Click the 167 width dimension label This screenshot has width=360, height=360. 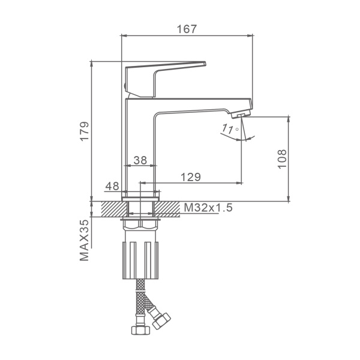pyautogui.click(x=187, y=29)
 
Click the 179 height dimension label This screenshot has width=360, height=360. pyautogui.click(x=84, y=131)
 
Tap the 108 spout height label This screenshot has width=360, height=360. pyautogui.click(x=282, y=159)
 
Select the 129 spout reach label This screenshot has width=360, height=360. pyautogui.click(x=191, y=177)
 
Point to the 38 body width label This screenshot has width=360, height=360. pyautogui.click(x=140, y=160)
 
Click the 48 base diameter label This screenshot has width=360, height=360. pyautogui.click(x=112, y=186)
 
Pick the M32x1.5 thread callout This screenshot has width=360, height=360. pyautogui.click(x=208, y=208)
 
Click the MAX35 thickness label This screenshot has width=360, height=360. pyautogui.click(x=84, y=240)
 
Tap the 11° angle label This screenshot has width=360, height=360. pyautogui.click(x=230, y=129)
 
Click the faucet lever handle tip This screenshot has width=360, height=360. pyautogui.click(x=205, y=64)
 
